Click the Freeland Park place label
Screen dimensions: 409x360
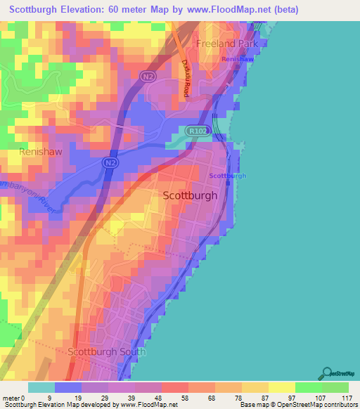pos(227,43)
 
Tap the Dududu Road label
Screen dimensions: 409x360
pos(187,77)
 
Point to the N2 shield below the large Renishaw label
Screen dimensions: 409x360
pos(110,163)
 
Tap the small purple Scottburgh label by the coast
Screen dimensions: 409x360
pos(228,176)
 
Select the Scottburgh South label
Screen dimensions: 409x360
pos(107,351)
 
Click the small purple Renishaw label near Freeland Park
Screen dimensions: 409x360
pos(236,59)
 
